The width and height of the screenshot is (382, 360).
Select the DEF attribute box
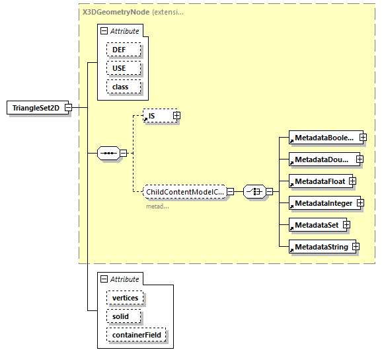(x=118, y=50)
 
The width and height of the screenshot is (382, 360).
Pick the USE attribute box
(x=118, y=68)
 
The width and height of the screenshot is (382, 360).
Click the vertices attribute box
(x=125, y=298)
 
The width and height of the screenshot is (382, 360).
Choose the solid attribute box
(x=120, y=316)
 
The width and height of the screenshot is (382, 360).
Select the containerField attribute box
(x=137, y=336)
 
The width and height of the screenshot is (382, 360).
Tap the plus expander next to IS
(x=176, y=116)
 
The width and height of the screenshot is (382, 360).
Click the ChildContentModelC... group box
(x=185, y=192)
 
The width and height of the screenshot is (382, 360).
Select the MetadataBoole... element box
(x=323, y=138)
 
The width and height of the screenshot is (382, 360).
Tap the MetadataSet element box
(x=315, y=225)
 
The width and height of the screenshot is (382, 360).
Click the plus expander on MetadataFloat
(x=352, y=181)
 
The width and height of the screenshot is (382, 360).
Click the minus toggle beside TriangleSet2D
(x=68, y=108)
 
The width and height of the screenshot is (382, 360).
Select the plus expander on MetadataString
(x=356, y=247)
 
